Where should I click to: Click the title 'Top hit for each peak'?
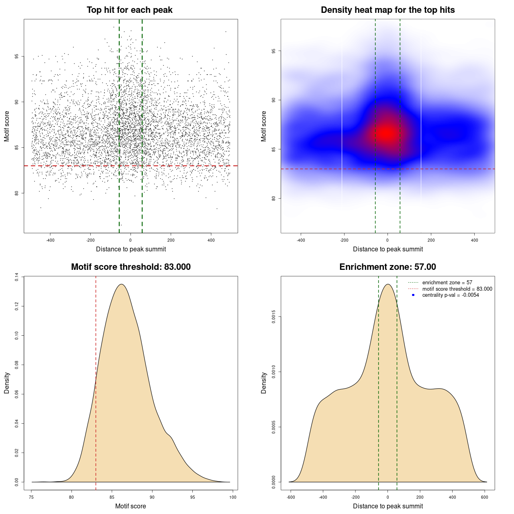[130, 10]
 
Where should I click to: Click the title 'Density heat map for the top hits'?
[388, 10]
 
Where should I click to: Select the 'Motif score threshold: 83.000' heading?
[131, 267]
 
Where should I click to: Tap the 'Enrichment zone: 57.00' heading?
[388, 267]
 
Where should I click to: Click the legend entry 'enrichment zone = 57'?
[447, 283]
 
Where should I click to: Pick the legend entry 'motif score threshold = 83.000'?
[457, 289]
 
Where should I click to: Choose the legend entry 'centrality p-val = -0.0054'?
[451, 295]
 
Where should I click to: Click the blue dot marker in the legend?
[413, 295]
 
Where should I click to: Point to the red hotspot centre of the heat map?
[387, 132]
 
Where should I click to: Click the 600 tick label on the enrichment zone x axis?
[485, 497]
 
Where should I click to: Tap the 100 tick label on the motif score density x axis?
[233, 497]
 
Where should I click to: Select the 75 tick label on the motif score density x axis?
[32, 497]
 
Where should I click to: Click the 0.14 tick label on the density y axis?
[16, 277]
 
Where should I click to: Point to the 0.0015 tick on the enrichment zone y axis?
[273, 317]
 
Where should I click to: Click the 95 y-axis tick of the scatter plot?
[16, 56]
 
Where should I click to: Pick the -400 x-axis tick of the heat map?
[301, 240]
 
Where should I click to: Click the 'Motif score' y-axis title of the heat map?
[264, 126]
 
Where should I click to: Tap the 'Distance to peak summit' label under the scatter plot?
[131, 249]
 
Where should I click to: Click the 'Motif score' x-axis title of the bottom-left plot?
[131, 506]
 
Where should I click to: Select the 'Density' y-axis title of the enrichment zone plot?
[264, 383]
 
